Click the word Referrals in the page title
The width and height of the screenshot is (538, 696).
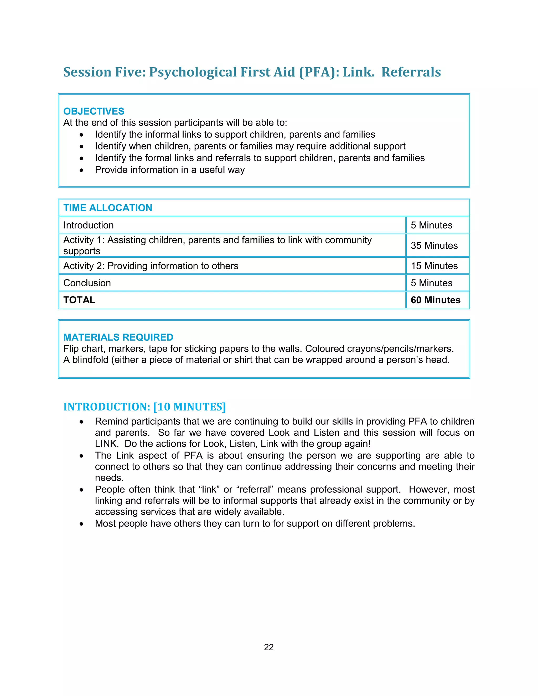(411, 72)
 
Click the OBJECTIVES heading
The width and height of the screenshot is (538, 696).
(94, 111)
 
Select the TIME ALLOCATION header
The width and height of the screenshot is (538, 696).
(108, 208)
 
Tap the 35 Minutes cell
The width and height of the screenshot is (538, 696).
(434, 245)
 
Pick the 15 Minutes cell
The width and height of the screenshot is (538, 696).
(434, 266)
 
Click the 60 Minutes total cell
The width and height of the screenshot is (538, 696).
(435, 300)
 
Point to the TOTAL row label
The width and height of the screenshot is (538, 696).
(79, 300)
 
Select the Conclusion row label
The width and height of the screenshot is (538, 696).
(87, 283)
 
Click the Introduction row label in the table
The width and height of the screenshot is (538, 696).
(88, 225)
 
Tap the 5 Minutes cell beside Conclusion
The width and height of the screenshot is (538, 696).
(432, 283)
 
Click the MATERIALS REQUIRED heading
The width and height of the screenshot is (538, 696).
(118, 337)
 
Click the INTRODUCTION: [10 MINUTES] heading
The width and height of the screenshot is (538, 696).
(144, 407)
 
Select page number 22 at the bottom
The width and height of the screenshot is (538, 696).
(269, 647)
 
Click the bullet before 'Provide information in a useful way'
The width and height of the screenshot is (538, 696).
(82, 170)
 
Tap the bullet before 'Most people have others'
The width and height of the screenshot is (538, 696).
(82, 524)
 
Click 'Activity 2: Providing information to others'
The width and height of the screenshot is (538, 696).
(151, 266)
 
